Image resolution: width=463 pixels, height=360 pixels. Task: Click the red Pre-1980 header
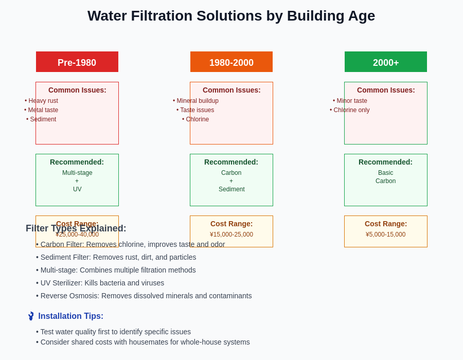(x=77, y=62)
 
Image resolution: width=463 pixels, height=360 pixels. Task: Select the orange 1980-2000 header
(x=232, y=62)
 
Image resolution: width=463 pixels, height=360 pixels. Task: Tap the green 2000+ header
(x=386, y=62)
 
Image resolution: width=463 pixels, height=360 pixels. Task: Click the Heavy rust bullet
(x=41, y=101)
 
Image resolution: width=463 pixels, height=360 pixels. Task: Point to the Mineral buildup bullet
(x=195, y=101)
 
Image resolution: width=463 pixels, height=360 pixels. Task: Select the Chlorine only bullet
(x=350, y=110)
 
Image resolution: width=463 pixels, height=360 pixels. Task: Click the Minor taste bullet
(x=350, y=101)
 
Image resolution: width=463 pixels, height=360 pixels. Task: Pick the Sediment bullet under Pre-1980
(x=41, y=119)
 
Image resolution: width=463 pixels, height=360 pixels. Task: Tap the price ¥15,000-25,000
(x=232, y=235)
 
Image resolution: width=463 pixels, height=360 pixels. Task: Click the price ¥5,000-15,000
(x=386, y=235)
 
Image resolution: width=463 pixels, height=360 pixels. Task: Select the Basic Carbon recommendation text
(x=386, y=177)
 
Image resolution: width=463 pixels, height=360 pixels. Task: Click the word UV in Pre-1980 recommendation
(x=77, y=189)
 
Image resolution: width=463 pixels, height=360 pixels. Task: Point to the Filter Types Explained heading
(x=76, y=228)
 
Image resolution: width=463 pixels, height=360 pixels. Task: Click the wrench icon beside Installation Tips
(x=31, y=316)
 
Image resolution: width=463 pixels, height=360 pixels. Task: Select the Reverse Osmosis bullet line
(x=144, y=296)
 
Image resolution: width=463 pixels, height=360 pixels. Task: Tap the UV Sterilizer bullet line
(x=100, y=283)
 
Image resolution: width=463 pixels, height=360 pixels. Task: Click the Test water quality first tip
(x=114, y=332)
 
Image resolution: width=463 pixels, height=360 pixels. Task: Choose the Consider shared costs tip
(x=143, y=342)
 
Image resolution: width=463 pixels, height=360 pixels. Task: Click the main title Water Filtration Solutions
(x=231, y=16)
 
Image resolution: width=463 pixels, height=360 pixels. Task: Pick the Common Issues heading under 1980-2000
(x=232, y=90)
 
